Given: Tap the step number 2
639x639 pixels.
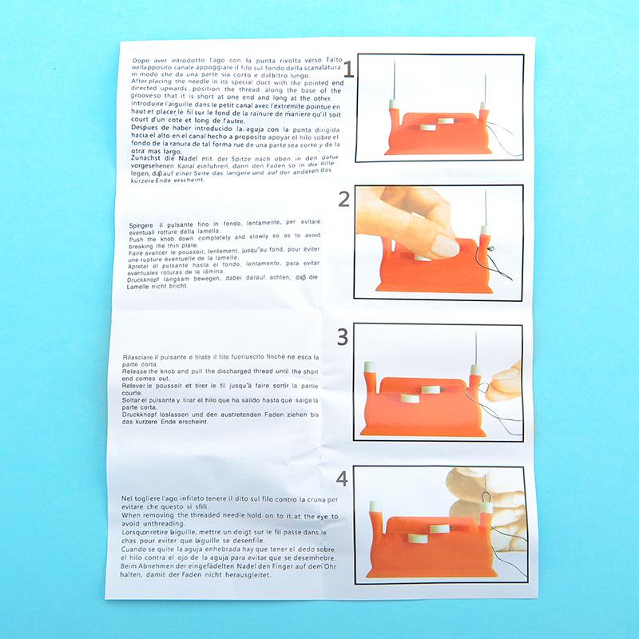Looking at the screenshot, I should (x=345, y=200).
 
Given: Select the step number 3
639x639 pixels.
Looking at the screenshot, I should (x=343, y=337).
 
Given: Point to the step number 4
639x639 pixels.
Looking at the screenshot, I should (x=343, y=478).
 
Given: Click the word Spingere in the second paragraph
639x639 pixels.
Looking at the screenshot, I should (x=143, y=226).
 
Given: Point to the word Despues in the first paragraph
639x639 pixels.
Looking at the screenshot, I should (x=143, y=128).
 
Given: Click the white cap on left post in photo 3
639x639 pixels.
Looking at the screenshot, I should (x=371, y=367).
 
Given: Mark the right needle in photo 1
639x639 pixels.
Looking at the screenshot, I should (x=484, y=83).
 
